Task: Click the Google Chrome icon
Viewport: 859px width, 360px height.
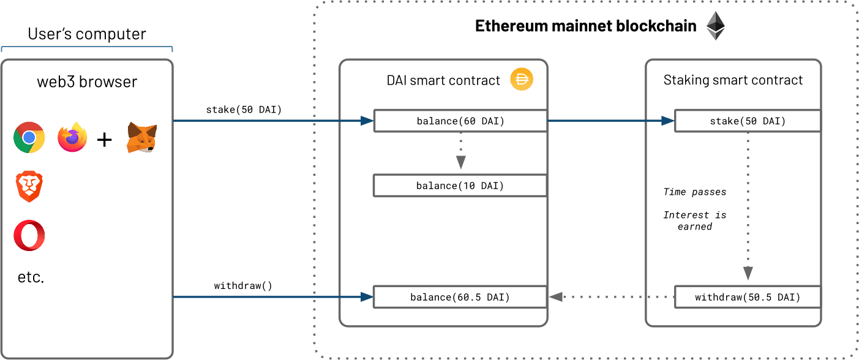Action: click(x=29, y=137)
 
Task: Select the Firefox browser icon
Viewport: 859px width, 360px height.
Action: click(x=72, y=137)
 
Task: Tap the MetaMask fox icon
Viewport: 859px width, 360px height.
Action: click(x=141, y=137)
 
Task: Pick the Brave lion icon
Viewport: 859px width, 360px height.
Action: click(x=29, y=187)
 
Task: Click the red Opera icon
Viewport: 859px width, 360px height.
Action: click(x=29, y=235)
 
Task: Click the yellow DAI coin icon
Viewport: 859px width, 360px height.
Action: click(x=522, y=80)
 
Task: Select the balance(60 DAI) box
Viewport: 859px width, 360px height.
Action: click(x=460, y=121)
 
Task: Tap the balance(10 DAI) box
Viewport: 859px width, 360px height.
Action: click(x=460, y=186)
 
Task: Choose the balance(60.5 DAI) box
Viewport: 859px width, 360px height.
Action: click(x=459, y=297)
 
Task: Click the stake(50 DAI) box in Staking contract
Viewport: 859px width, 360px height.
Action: click(x=748, y=121)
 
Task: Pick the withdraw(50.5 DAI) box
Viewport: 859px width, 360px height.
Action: click(x=748, y=298)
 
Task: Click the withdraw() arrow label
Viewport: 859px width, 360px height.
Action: click(x=243, y=285)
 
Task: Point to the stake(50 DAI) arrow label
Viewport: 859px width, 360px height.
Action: click(x=244, y=110)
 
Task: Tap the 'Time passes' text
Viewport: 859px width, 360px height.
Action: click(x=694, y=192)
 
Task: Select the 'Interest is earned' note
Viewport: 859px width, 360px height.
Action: click(x=694, y=220)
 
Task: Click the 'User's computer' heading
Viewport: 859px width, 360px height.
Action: click(x=87, y=34)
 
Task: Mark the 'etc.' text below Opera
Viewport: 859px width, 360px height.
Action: click(x=31, y=277)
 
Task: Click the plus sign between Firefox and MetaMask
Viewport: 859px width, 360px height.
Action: click(x=105, y=140)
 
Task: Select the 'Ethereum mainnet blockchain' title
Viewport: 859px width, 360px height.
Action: click(x=586, y=26)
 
